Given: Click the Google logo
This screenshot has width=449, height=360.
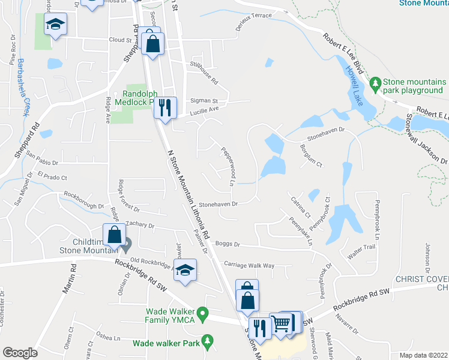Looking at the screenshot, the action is (20, 353).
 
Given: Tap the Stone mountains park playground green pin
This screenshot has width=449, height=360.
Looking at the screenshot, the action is (376, 83).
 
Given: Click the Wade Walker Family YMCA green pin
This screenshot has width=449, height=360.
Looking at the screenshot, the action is (203, 313).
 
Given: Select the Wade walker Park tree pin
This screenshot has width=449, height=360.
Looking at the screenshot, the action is (207, 341).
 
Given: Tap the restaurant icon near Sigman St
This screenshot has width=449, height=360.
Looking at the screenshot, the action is (164, 108).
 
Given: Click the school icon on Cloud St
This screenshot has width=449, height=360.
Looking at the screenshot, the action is (56, 25).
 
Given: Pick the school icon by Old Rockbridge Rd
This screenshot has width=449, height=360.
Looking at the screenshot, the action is (186, 269).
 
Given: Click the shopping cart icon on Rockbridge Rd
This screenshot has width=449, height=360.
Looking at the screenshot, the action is (281, 325).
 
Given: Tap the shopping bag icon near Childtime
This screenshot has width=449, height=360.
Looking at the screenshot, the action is (114, 235).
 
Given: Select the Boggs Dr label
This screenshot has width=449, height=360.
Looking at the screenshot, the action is (228, 244).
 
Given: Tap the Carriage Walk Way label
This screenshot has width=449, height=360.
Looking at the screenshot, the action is (249, 265).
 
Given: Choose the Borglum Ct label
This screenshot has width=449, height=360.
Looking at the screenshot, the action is (312, 155).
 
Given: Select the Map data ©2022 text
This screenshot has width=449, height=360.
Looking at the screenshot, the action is (424, 355).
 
